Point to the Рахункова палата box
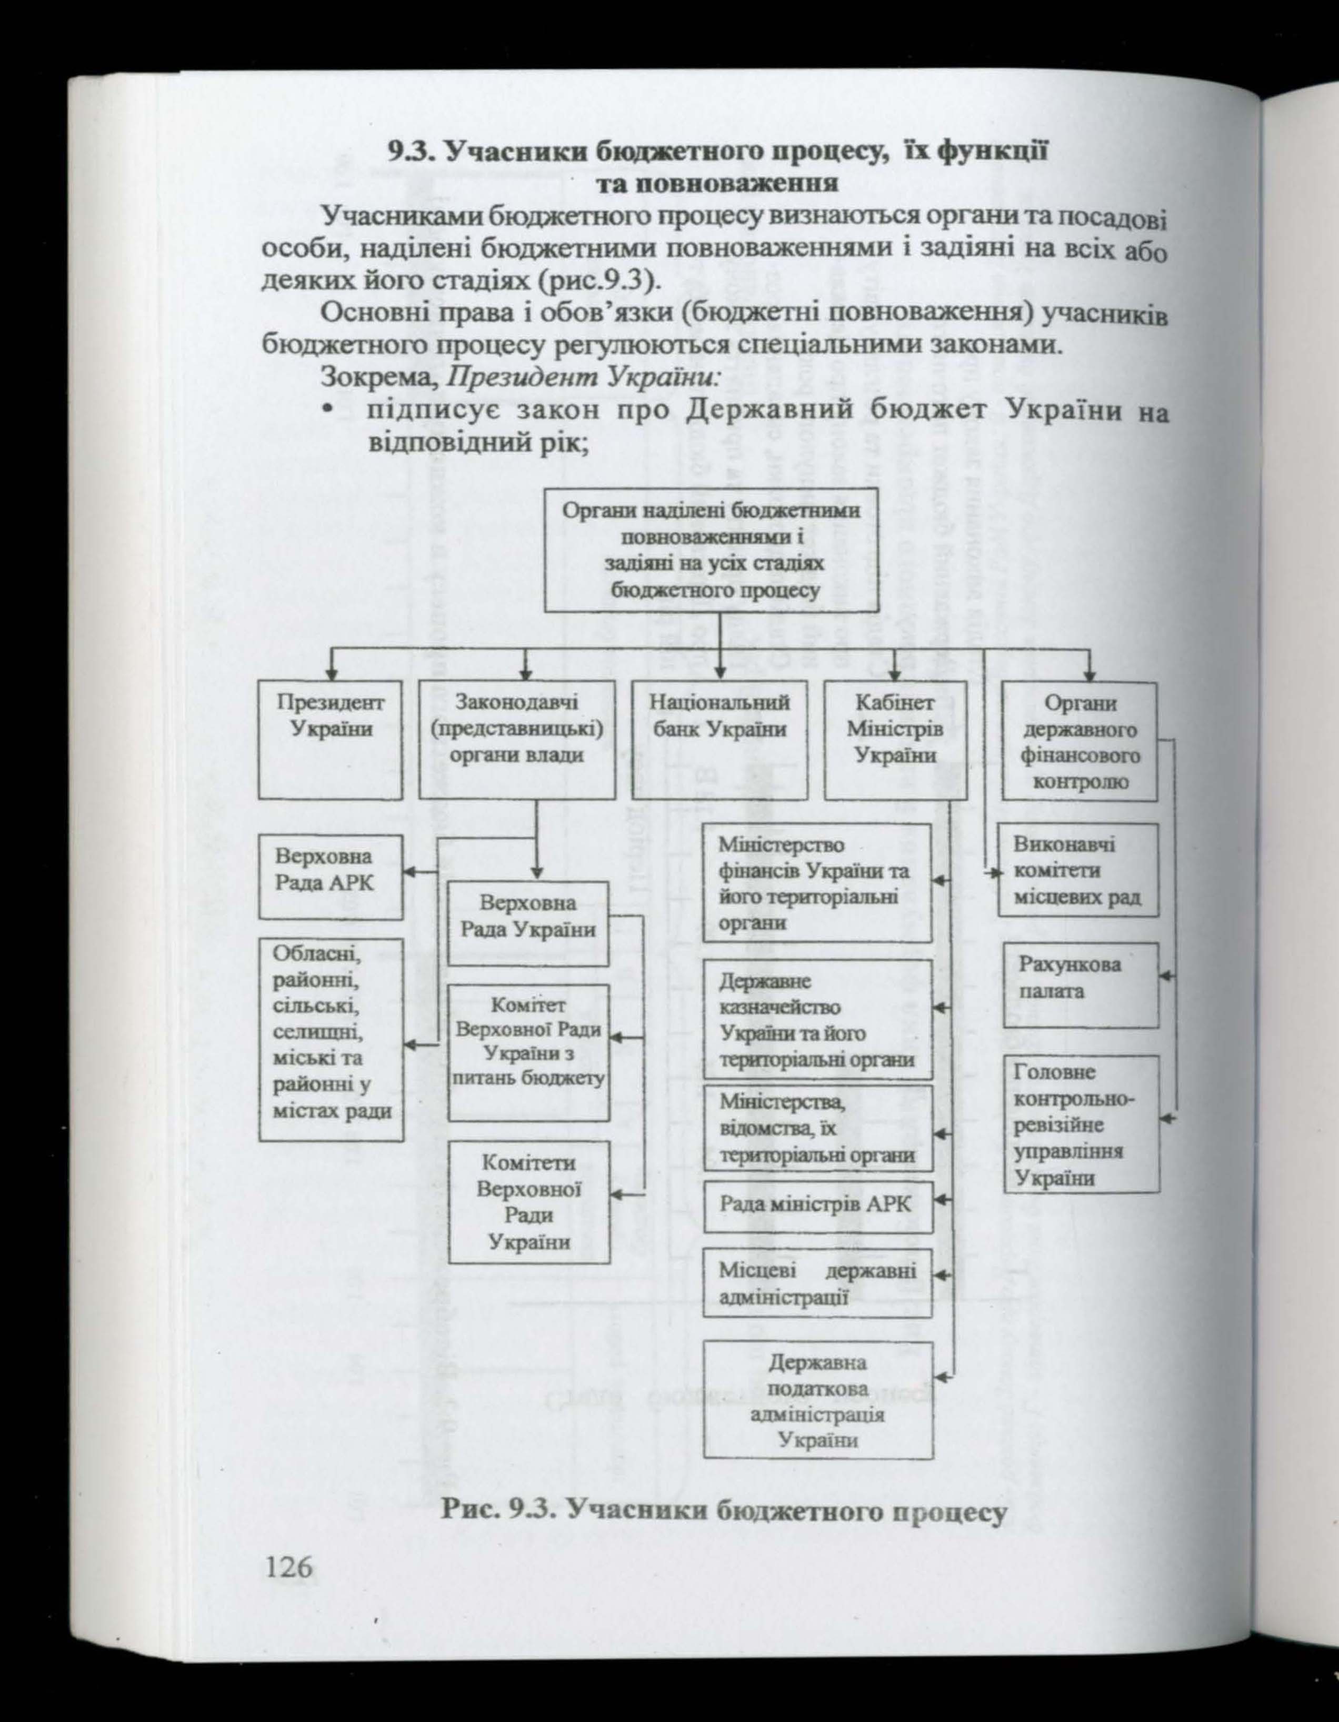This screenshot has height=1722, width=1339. pyautogui.click(x=1081, y=985)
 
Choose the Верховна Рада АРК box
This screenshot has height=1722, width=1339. pyautogui.click(x=330, y=876)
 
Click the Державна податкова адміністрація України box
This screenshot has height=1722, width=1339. pyautogui.click(x=817, y=1399)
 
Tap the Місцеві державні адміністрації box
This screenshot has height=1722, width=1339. pyautogui.click(x=817, y=1283)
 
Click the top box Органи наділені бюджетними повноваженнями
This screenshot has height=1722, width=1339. pyautogui.click(x=712, y=550)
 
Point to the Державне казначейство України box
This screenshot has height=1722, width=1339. pyautogui.click(x=817, y=1020)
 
